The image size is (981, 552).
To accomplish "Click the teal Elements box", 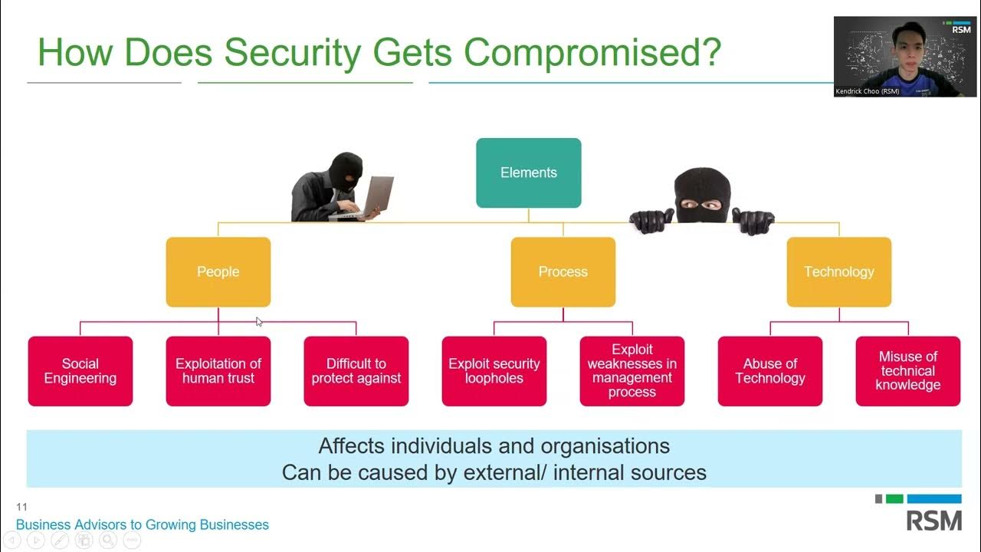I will coord(528,172).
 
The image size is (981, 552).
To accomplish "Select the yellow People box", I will coord(218,272).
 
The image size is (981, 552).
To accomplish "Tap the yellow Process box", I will coord(563,272).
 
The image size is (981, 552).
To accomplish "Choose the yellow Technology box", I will coord(838,272).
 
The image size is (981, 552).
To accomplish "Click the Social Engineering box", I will coord(80,371).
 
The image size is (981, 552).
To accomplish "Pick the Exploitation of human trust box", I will coord(218,371).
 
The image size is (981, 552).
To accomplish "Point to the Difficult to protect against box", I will coord(356,371).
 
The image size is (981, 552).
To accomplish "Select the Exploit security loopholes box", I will coord(494,371).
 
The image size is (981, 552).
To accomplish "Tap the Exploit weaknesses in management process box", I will coord(632,371).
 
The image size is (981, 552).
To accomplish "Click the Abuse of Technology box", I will coord(770,371).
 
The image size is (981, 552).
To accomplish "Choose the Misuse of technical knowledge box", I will coord(908,371).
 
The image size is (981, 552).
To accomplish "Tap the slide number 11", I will coord(21,507).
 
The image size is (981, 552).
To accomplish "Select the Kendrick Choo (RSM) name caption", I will coord(868,91).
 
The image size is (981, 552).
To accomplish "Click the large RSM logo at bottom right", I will coord(934,521).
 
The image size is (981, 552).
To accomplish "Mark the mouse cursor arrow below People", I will coord(259,322).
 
